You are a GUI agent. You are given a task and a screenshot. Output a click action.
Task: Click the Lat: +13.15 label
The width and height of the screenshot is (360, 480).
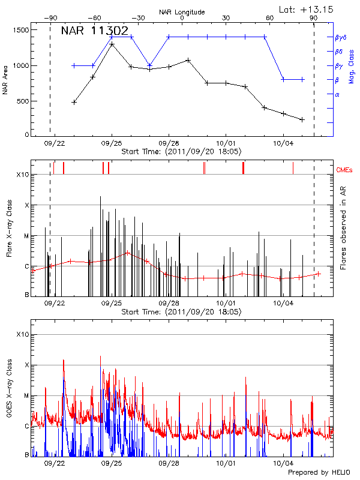(x=307, y=9)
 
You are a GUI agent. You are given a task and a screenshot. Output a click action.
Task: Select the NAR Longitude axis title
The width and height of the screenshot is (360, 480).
(x=182, y=12)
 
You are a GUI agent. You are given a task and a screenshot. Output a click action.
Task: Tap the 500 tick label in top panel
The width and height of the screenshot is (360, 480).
(x=23, y=101)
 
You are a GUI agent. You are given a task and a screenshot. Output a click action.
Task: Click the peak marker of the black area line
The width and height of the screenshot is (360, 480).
(x=112, y=44)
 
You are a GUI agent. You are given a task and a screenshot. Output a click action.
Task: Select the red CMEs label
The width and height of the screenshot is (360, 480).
(x=344, y=170)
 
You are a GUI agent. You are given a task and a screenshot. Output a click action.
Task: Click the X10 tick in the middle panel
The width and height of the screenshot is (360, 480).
(x=22, y=175)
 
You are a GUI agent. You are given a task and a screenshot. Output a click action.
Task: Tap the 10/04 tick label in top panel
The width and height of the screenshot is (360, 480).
(x=283, y=144)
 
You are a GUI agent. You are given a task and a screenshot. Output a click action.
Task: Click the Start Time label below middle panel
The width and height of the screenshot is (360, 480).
(x=181, y=312)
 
